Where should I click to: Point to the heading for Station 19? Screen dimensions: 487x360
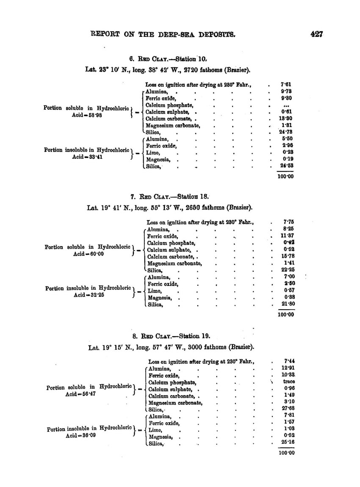[171, 337]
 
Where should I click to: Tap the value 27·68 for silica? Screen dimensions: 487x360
[288, 408]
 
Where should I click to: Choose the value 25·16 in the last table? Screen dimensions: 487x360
[288, 442]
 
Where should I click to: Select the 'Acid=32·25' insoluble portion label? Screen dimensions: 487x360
[89, 295]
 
